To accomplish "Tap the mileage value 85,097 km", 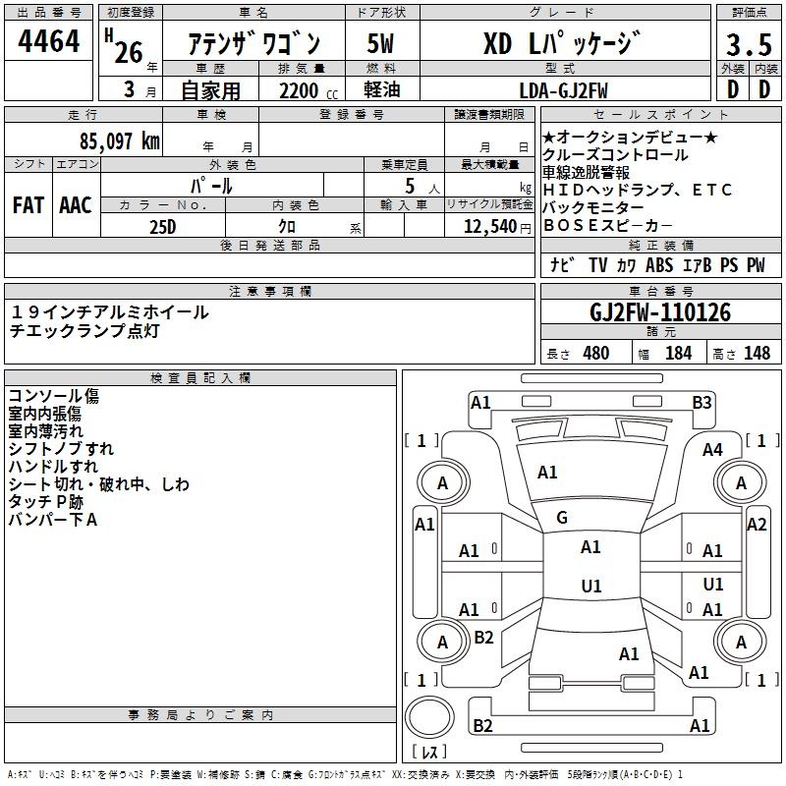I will click(x=108, y=140).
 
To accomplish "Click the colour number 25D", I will click(x=162, y=226).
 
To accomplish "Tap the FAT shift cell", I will click(x=28, y=205).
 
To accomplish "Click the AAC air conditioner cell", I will click(x=76, y=205).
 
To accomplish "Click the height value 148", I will click(x=757, y=353).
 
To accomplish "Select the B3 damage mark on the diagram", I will click(x=702, y=402).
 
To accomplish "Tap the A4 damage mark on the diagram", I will click(x=712, y=450).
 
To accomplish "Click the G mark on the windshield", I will click(x=562, y=518).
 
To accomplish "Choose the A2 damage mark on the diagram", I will click(x=756, y=525).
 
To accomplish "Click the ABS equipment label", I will click(x=659, y=265).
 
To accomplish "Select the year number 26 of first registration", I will click(x=128, y=51).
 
